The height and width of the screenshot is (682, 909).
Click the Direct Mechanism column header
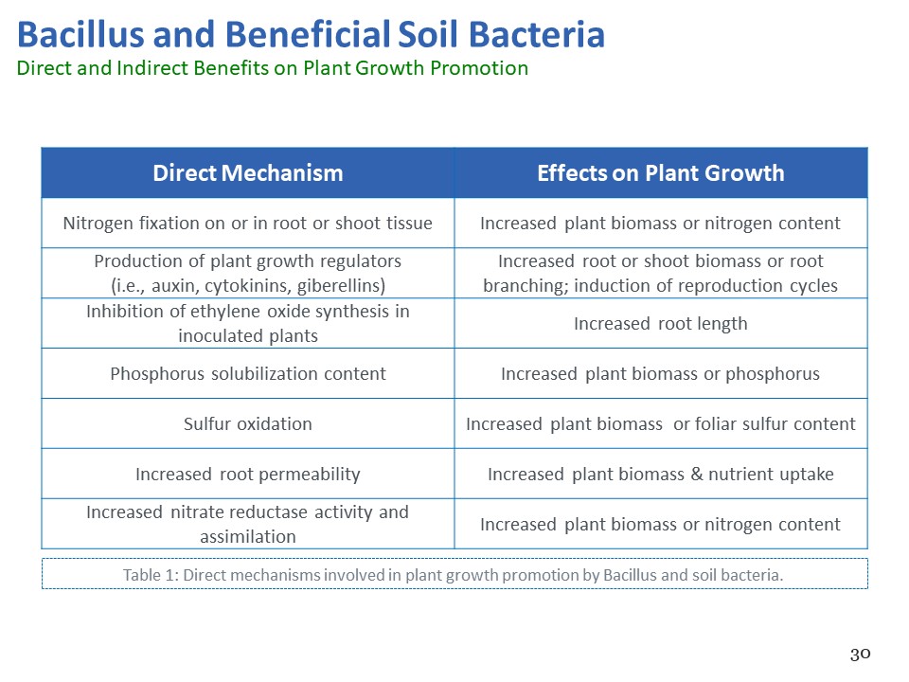(247, 172)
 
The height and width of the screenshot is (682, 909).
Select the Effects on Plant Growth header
(661, 172)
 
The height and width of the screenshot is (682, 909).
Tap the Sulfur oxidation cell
(247, 424)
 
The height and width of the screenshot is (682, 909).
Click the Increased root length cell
(661, 324)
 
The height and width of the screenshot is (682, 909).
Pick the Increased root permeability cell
(247, 475)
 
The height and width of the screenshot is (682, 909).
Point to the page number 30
(861, 655)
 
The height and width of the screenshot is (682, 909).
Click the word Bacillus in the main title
(80, 34)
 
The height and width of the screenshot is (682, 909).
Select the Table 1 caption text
(453, 575)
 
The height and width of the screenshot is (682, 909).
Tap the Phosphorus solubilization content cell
(247, 374)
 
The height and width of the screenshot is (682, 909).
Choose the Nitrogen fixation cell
(247, 224)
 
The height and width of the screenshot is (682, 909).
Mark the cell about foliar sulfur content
(661, 424)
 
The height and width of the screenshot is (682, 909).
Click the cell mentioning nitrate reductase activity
(247, 524)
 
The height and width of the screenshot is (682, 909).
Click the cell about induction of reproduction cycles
(661, 273)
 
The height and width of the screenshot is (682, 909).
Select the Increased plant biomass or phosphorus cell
(661, 374)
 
